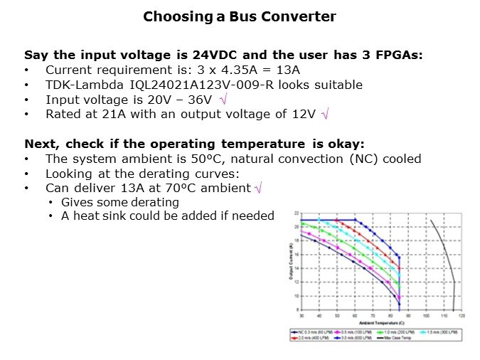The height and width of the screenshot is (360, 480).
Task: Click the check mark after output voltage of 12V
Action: point(326,114)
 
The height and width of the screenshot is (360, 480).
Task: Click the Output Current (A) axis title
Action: point(292,263)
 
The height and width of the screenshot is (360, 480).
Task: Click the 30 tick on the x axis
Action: point(302,314)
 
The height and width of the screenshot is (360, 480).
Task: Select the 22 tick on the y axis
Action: point(297,213)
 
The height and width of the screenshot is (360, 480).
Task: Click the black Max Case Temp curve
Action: point(446,256)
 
